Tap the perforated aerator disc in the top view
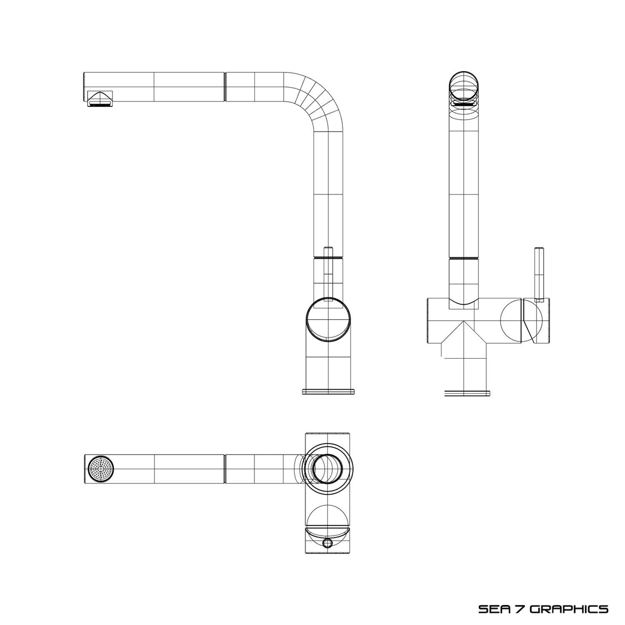tap(101, 469)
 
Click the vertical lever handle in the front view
tap(539, 273)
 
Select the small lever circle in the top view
tap(328, 542)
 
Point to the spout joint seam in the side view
tap(225, 86)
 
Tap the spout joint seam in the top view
tap(225, 469)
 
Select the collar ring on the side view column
tap(328, 258)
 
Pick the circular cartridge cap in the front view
tap(522, 321)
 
